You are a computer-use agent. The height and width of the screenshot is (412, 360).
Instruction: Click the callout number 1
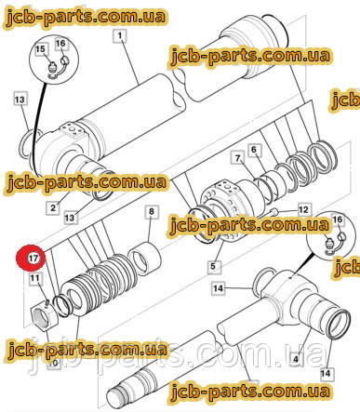coord(120,35)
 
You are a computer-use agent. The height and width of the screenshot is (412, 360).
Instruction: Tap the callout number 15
coord(40,49)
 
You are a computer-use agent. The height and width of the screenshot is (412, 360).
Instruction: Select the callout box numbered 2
coord(53,207)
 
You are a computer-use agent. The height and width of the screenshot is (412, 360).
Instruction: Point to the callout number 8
coord(152,211)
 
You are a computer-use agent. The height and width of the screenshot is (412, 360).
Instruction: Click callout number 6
coord(254,150)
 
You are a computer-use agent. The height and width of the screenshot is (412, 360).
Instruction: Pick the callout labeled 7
coord(237,158)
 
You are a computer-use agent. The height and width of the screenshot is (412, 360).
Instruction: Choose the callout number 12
coord(303,210)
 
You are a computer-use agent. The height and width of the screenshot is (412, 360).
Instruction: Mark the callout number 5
coord(213,266)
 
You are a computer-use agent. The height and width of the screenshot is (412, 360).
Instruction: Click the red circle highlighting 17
coord(32,258)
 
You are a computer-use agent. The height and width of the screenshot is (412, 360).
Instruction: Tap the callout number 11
coord(34,277)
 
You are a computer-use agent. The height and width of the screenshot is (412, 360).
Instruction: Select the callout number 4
coord(296,359)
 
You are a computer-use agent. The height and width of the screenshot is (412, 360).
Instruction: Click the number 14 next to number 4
coord(326,373)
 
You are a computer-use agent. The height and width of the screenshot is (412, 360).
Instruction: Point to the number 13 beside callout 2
coord(70,218)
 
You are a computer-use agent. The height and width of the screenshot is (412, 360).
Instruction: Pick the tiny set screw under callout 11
coord(47,302)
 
